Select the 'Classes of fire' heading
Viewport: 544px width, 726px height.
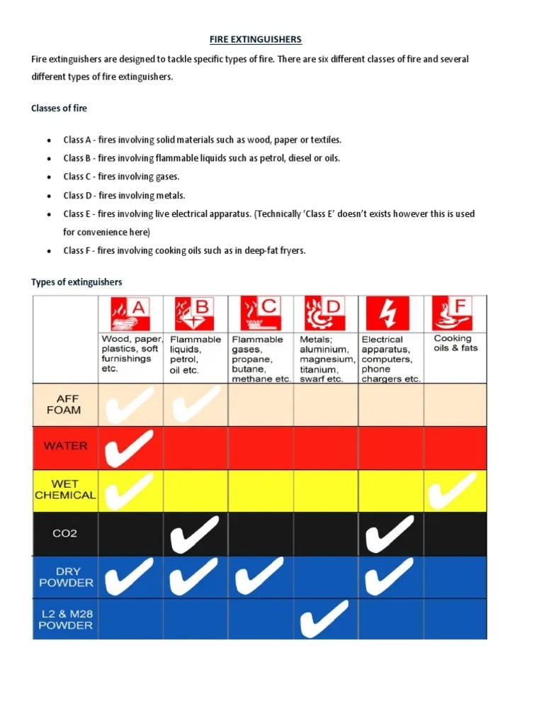pos(59,108)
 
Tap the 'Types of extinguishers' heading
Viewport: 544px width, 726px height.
pos(76,282)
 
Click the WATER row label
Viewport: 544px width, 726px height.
pos(66,446)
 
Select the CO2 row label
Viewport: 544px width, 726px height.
pos(65,533)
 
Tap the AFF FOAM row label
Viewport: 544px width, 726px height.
pos(64,404)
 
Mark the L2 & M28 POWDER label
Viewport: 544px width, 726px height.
pos(66,620)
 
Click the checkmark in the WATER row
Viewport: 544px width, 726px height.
pos(130,448)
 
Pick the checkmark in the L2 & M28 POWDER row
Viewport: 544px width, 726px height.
pos(324,619)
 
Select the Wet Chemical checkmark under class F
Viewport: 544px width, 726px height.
pos(454,490)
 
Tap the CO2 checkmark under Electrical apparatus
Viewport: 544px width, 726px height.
pos(390,533)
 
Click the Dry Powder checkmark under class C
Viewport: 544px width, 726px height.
pos(259,576)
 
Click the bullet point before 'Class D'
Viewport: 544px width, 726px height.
pos(48,196)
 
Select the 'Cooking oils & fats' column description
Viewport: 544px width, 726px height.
pos(455,344)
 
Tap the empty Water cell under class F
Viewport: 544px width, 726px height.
pos(455,447)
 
